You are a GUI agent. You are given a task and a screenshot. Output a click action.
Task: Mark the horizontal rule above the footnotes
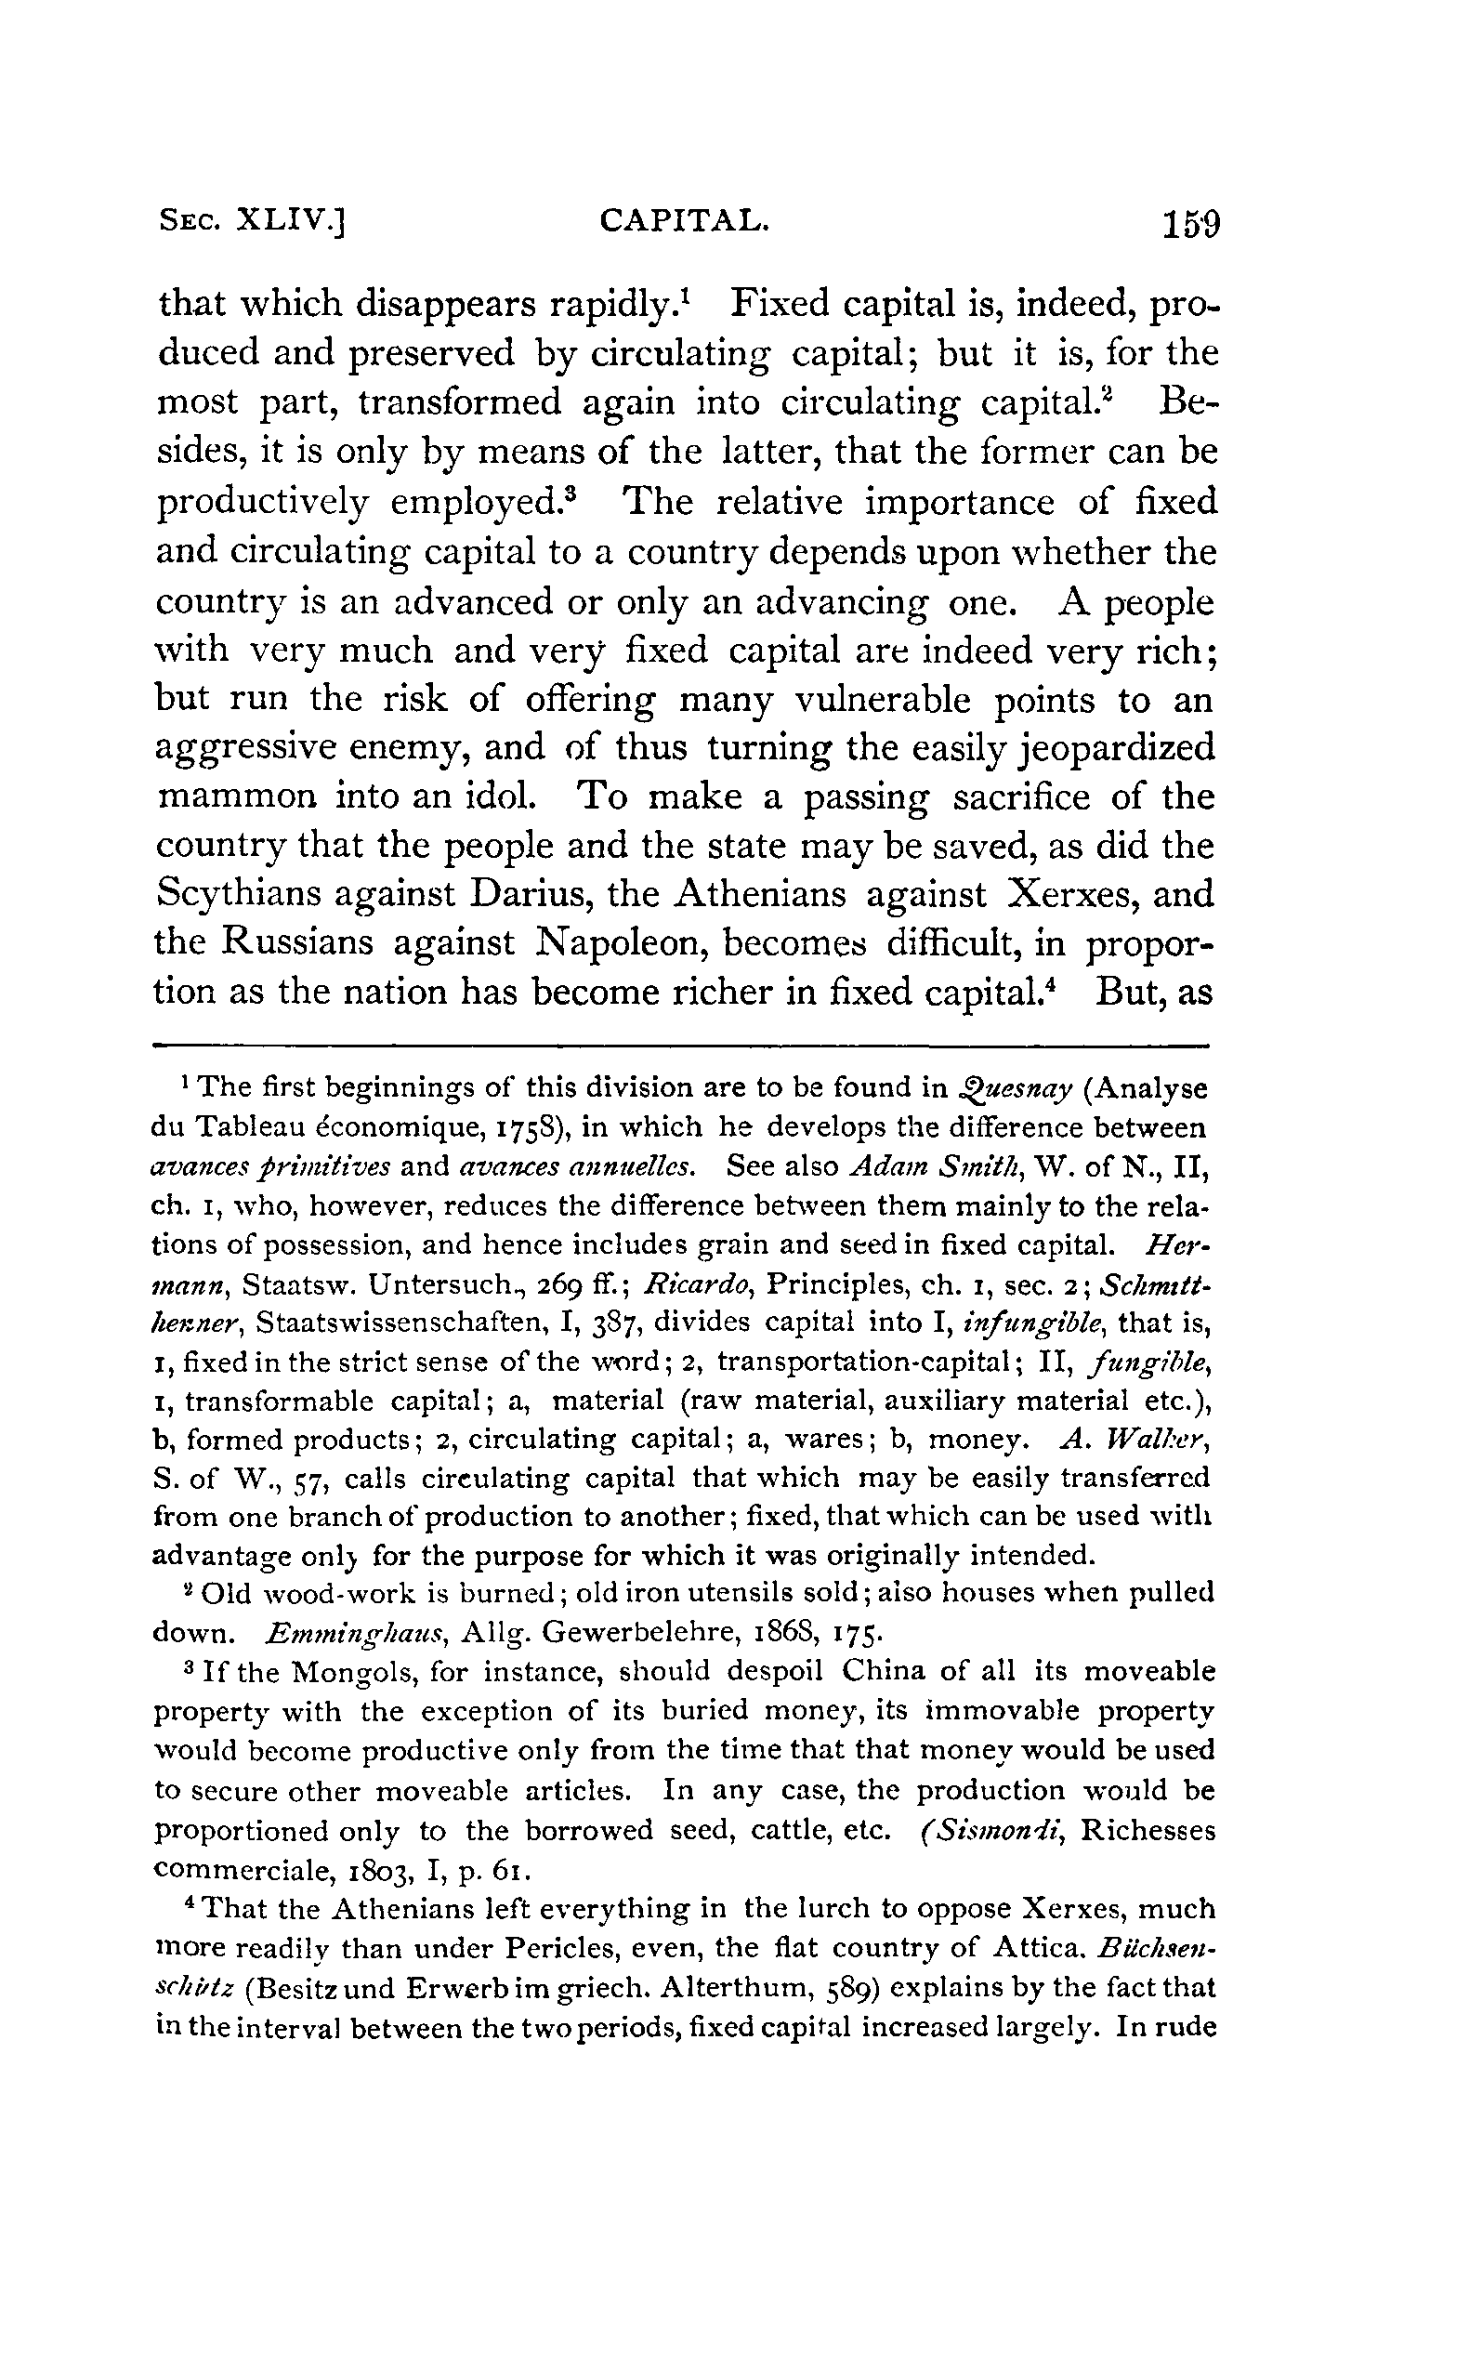680,1046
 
